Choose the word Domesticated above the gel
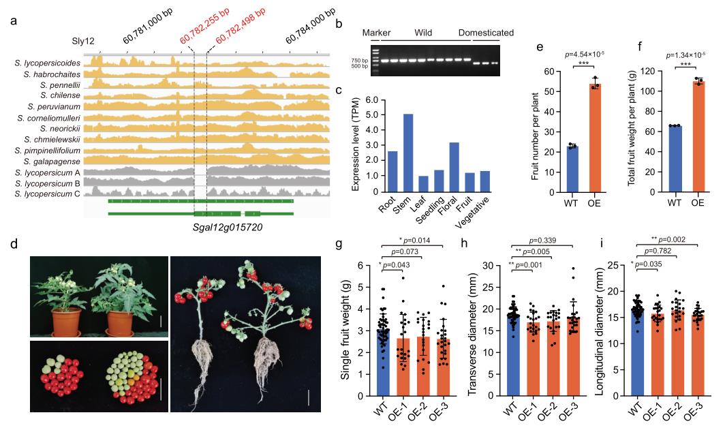click(x=486, y=33)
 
